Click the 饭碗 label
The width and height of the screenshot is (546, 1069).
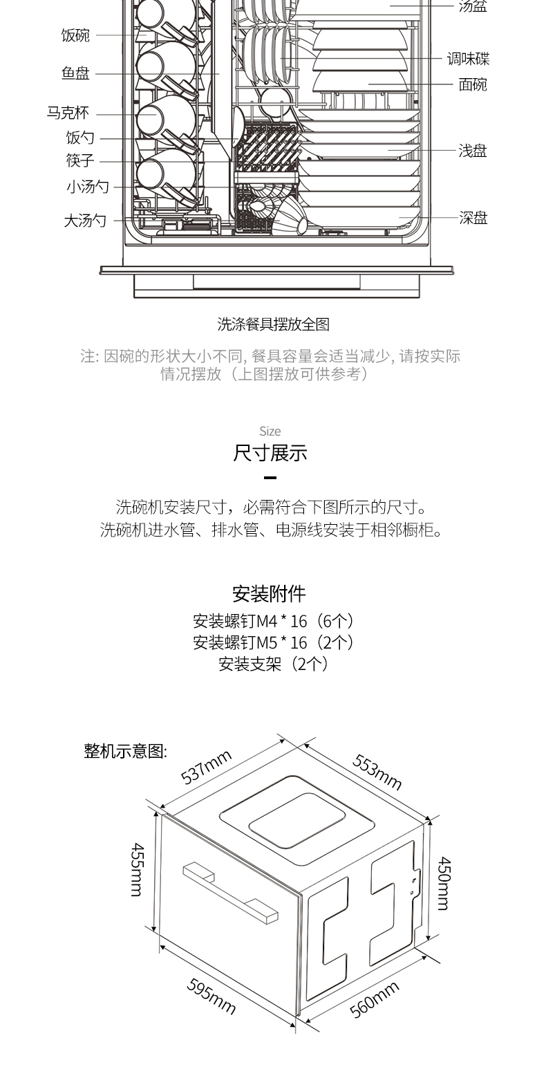[x=75, y=35]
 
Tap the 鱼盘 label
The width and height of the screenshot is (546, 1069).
[x=75, y=73]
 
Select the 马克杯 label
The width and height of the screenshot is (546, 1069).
[x=68, y=113]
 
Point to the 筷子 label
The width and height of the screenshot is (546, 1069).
[x=80, y=160]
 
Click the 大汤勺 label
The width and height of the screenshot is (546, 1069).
[x=86, y=221]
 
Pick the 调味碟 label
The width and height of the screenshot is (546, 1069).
[x=469, y=59]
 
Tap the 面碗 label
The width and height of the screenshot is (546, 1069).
[x=473, y=85]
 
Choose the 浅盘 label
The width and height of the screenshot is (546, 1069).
[x=473, y=151]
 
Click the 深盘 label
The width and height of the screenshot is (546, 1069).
[x=473, y=218]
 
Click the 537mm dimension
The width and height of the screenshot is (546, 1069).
[x=207, y=766]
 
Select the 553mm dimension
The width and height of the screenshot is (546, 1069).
[x=377, y=771]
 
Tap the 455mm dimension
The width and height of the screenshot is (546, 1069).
[x=137, y=870]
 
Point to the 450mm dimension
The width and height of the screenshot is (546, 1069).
[x=444, y=883]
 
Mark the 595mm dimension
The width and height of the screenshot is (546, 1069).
[x=211, y=996]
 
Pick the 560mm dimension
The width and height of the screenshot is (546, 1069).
[x=375, y=999]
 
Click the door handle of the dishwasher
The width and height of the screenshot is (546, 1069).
[x=230, y=893]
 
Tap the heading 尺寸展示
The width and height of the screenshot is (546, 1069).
[x=270, y=453]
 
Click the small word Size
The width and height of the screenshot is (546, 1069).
[x=270, y=431]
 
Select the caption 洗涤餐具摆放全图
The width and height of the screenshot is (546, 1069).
[x=273, y=324]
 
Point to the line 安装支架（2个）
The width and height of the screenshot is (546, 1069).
[x=273, y=664]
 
